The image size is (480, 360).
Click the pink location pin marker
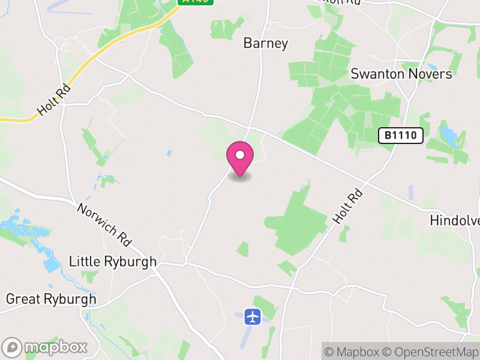pyautogui.click(x=240, y=158)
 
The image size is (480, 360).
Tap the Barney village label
pyautogui.click(x=266, y=43)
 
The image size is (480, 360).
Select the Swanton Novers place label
pyautogui.click(x=401, y=74)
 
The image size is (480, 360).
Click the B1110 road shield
pyautogui.click(x=401, y=136)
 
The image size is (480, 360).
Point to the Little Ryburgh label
pyautogui.click(x=113, y=262)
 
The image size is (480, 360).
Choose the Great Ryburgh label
pyautogui.click(x=51, y=299)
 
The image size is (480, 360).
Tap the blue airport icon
pyautogui.click(x=253, y=316)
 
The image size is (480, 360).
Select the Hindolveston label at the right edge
pyautogui.click(x=455, y=221)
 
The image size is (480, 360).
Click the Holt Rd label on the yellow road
pyautogui.click(x=54, y=100)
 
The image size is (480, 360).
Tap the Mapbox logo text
pyautogui.click(x=55, y=347)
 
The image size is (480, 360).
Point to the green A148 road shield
pyautogui.click(x=196, y=2)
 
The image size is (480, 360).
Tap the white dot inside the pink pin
pyautogui.click(x=240, y=155)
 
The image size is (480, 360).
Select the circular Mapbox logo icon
pyautogui.click(x=12, y=347)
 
